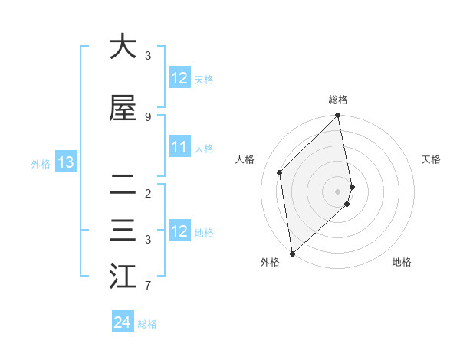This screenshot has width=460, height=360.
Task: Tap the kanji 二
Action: click(123, 183)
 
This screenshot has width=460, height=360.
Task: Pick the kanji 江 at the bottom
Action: click(123, 276)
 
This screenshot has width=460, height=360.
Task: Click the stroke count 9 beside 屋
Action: click(148, 116)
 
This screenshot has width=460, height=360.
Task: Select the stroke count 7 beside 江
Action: click(148, 286)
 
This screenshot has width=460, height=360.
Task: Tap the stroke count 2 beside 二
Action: click(148, 193)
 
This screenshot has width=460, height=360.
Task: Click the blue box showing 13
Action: click(65, 162)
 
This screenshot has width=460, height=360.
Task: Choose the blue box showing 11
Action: click(179, 147)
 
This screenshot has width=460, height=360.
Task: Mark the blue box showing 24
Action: click(122, 323)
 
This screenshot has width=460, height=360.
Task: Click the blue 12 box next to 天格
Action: click(179, 78)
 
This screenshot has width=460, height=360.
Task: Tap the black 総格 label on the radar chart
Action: click(338, 100)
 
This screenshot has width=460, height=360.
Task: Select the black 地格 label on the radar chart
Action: click(402, 263)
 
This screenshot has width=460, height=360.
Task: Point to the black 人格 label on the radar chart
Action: click(245, 159)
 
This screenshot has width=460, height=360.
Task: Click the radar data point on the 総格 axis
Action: click(338, 116)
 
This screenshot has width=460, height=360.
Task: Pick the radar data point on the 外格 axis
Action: click(292, 253)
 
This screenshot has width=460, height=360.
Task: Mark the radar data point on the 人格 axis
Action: click(280, 172)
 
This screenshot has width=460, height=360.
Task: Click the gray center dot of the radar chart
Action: click(338, 191)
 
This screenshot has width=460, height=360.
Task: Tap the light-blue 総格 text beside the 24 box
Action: click(147, 324)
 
